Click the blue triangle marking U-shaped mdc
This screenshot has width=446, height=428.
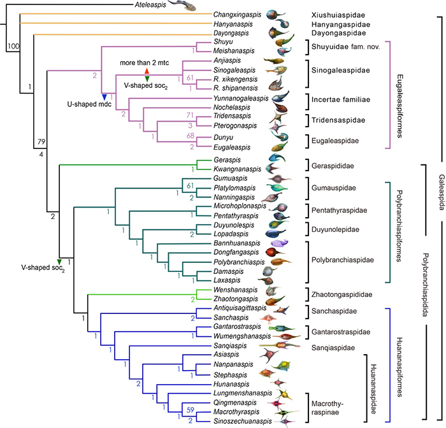[103, 95]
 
